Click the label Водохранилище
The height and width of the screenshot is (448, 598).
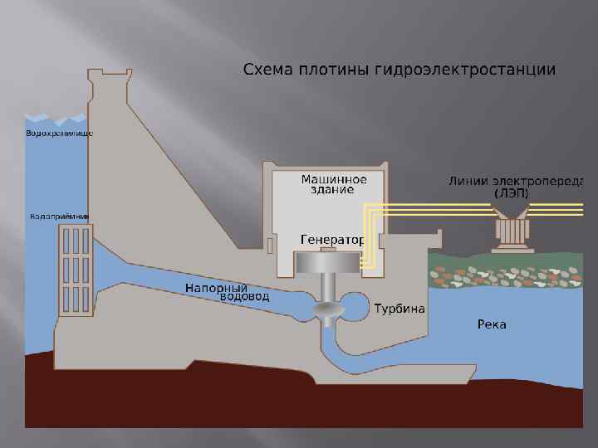pyautogui.click(x=60, y=133)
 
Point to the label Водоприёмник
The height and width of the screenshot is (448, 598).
pyautogui.click(x=59, y=217)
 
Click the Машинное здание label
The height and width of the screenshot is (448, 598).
pyautogui.click(x=333, y=184)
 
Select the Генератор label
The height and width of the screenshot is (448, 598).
pyautogui.click(x=332, y=239)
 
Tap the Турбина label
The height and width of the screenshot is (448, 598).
pyautogui.click(x=399, y=309)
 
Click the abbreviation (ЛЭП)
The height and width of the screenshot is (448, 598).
pyautogui.click(x=511, y=192)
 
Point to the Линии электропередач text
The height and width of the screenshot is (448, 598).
pyautogui.click(x=516, y=180)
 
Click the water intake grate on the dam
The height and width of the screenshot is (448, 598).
pyautogui.click(x=75, y=269)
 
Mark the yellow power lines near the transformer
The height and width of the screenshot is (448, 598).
pyautogui.click(x=432, y=211)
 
